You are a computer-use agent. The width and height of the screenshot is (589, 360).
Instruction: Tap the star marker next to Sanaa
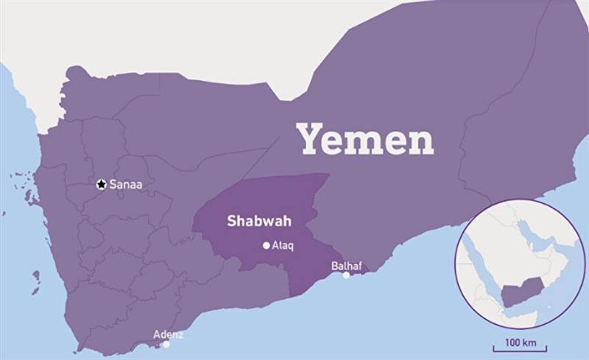point(102,184)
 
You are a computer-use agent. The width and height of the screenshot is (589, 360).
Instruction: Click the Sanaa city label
point(126,184)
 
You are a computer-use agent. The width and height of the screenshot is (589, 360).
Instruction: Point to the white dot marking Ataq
point(266,246)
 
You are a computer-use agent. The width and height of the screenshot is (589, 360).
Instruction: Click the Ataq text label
point(283,246)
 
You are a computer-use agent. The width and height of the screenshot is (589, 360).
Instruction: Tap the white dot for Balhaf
point(346,275)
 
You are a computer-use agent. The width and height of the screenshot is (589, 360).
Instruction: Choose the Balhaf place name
point(346,265)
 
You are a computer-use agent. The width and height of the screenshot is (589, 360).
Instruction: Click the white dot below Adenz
point(166,344)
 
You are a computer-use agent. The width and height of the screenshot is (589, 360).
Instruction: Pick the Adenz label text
point(168,334)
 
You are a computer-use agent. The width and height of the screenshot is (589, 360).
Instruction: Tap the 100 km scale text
point(520,343)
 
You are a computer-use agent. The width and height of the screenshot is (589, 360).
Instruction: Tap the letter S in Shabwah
point(231,220)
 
